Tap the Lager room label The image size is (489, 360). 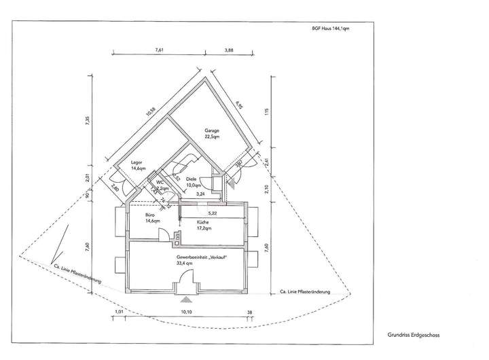click(x=139, y=164)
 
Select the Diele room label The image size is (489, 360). click(x=194, y=181)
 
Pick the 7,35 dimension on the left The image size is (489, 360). click(x=87, y=121)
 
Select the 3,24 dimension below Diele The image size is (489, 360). click(x=200, y=195)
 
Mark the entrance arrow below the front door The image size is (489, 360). click(x=185, y=299)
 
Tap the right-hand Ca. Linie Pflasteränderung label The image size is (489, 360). click(x=306, y=292)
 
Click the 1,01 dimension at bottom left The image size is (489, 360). click(x=120, y=313)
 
